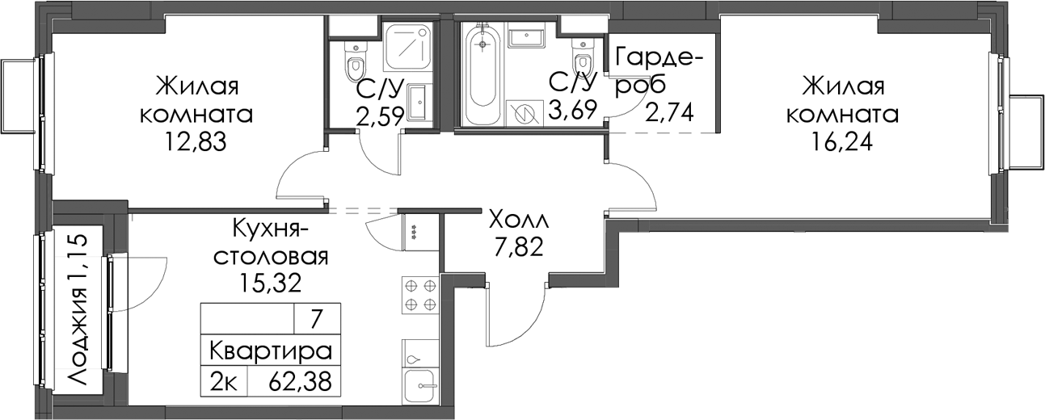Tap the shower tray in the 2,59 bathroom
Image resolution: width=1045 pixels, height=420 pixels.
coord(409,48)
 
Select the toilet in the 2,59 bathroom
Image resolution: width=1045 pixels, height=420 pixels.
coord(356,63)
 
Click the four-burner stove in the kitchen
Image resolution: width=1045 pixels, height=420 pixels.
coord(420,296)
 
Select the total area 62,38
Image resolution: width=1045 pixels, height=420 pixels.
coord(300,382)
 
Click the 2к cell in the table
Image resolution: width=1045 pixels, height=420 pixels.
coord(223,382)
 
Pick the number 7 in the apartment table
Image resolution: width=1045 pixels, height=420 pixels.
coord(316,319)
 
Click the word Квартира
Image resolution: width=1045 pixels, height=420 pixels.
coord(271,351)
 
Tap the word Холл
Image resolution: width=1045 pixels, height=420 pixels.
coord(519,220)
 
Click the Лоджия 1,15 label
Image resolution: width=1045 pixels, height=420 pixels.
coord(77,309)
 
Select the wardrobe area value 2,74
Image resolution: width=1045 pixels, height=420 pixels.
coord(668,112)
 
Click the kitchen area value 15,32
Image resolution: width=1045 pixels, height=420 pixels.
coord(271,283)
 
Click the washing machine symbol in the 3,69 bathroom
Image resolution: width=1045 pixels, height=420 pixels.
coord(525,112)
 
